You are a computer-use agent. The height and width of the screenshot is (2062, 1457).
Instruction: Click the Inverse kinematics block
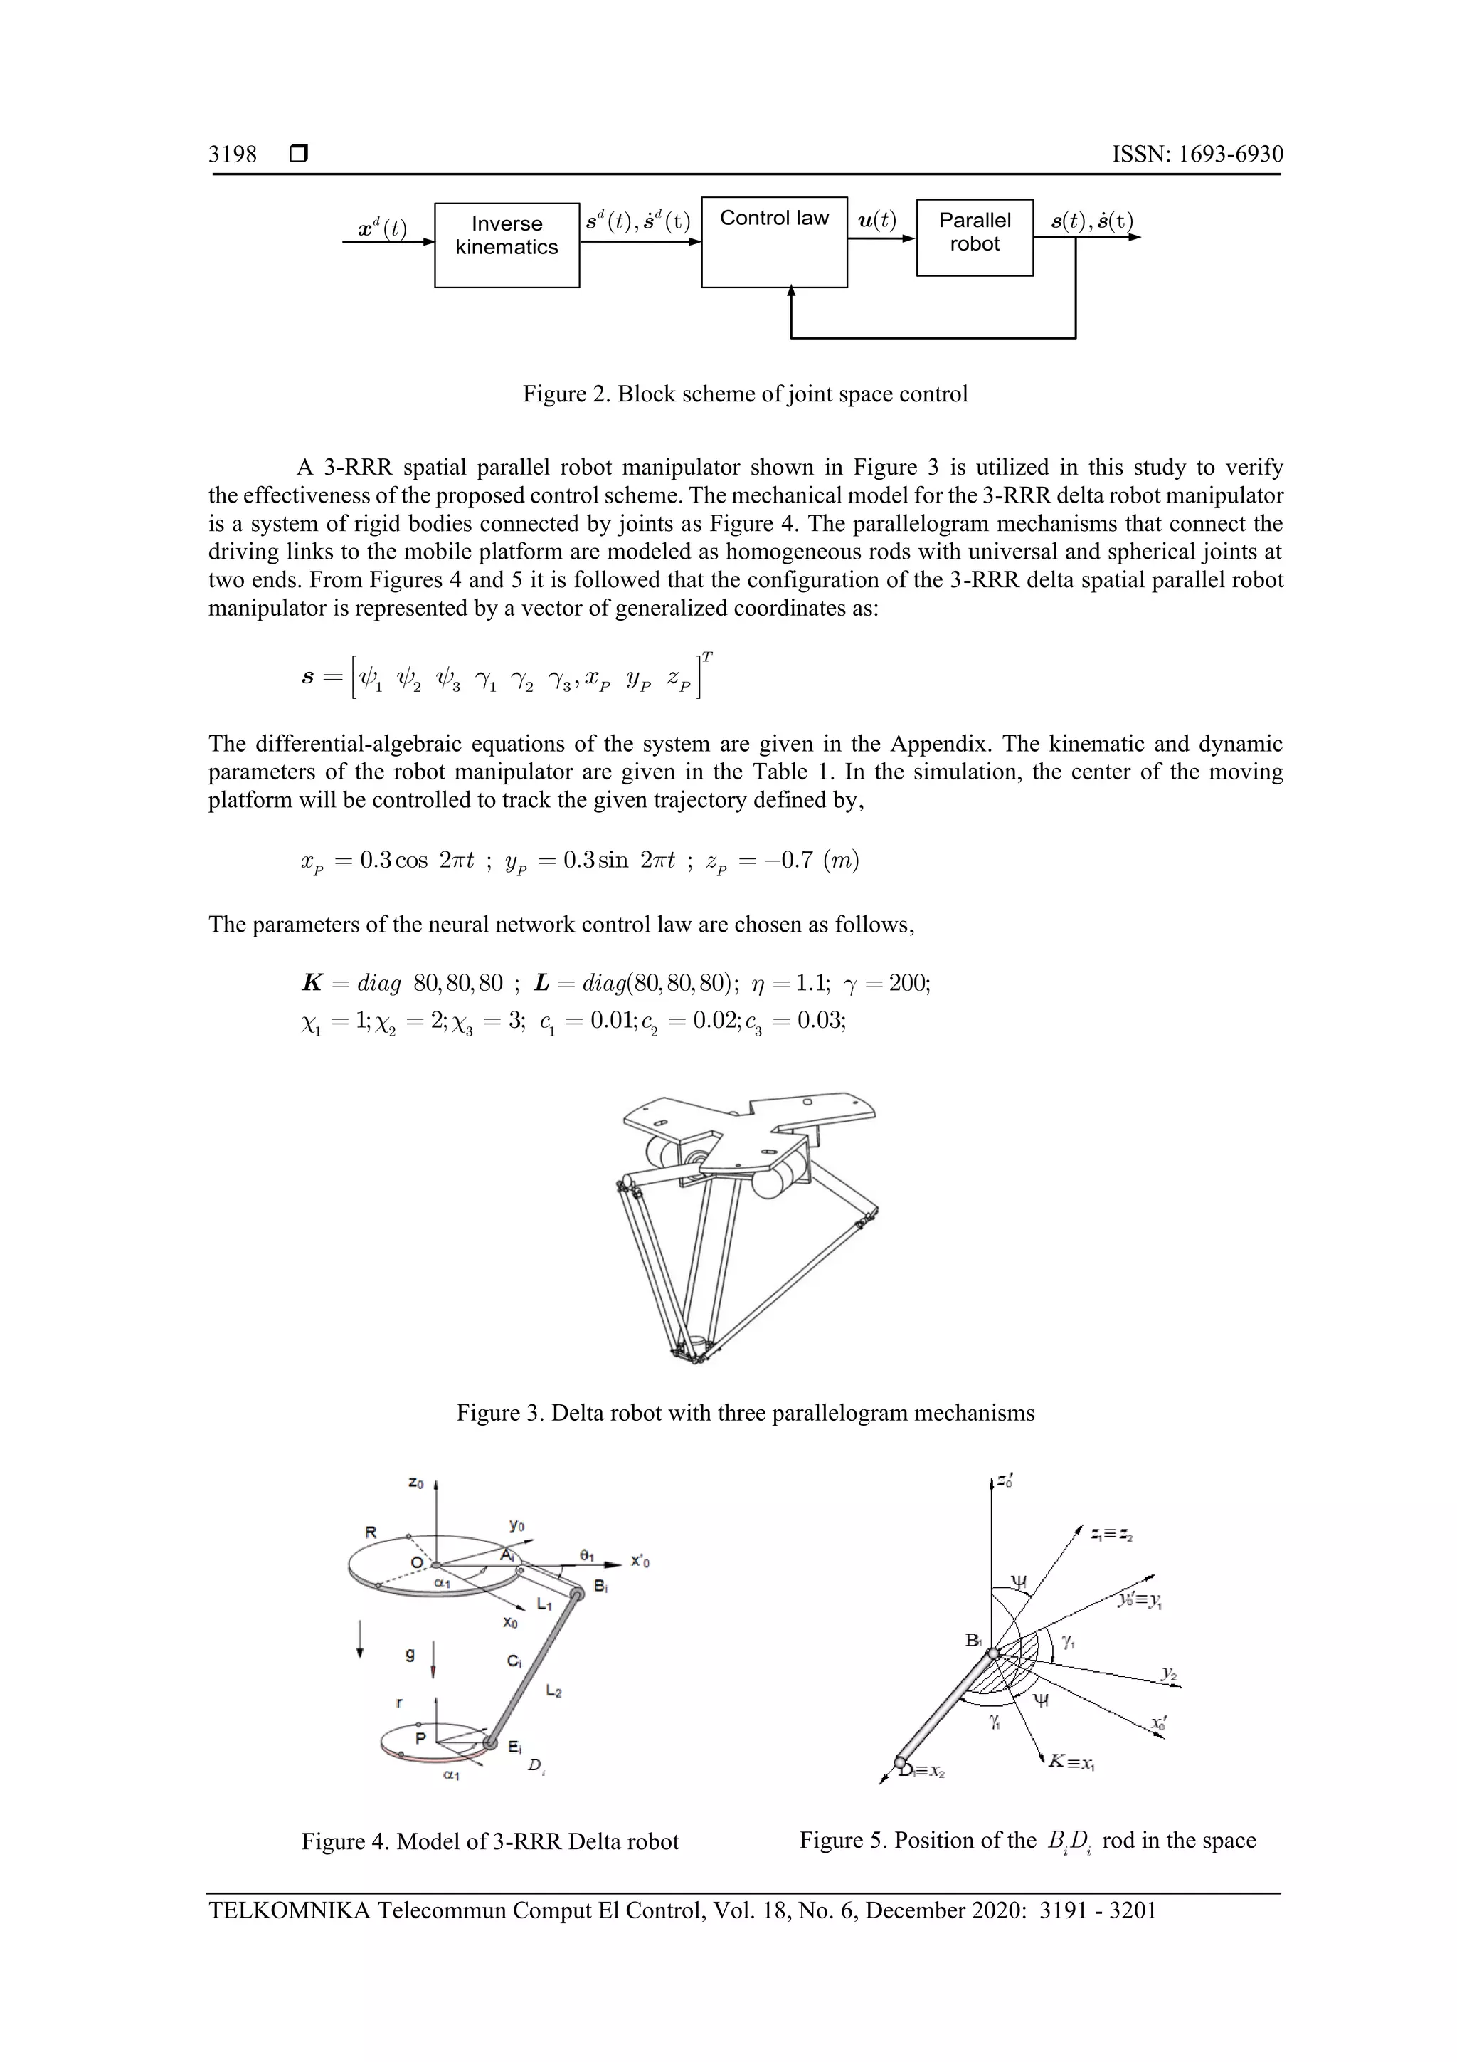[x=507, y=244]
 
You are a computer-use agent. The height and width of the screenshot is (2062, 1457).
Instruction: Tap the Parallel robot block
[x=974, y=237]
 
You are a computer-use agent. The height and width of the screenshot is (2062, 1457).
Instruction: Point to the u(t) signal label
[x=877, y=220]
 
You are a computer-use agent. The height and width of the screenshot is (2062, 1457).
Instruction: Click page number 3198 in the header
[x=233, y=154]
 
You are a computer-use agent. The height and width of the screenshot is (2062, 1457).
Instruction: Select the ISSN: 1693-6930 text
[x=1197, y=154]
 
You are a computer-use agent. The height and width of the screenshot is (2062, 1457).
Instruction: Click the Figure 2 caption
[x=745, y=394]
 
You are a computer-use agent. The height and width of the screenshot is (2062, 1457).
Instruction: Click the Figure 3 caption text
[x=745, y=1413]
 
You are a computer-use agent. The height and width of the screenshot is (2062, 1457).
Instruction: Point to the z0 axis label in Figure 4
[x=415, y=1483]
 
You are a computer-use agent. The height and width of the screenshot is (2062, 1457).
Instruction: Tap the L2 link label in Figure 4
[x=554, y=1692]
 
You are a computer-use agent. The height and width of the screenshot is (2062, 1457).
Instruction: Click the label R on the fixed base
[x=370, y=1532]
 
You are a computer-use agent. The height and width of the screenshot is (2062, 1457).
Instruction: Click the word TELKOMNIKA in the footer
[x=288, y=1910]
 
